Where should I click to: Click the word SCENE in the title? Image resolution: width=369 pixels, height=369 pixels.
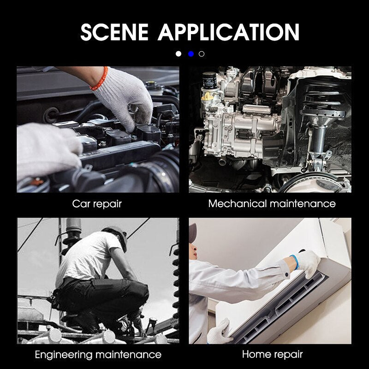[x=114, y=32]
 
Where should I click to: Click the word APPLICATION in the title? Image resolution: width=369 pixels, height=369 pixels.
[x=228, y=32]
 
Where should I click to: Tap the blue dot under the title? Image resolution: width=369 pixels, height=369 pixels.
[x=191, y=54]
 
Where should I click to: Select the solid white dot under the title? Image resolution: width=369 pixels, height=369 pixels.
[x=179, y=54]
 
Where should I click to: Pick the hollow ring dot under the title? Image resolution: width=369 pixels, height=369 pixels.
[x=202, y=54]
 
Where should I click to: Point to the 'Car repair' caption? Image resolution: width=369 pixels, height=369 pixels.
[x=97, y=204]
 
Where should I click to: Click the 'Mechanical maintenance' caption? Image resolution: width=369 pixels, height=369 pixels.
[x=272, y=203]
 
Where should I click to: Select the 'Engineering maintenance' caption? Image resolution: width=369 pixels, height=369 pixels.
[x=98, y=355]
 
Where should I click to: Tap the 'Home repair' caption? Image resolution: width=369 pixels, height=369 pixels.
[x=272, y=354]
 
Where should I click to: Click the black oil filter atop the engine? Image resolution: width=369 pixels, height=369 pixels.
[x=209, y=80]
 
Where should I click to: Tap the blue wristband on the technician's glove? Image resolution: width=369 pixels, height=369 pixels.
[x=295, y=262]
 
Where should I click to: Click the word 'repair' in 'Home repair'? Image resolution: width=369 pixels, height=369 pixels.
[x=287, y=355]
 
